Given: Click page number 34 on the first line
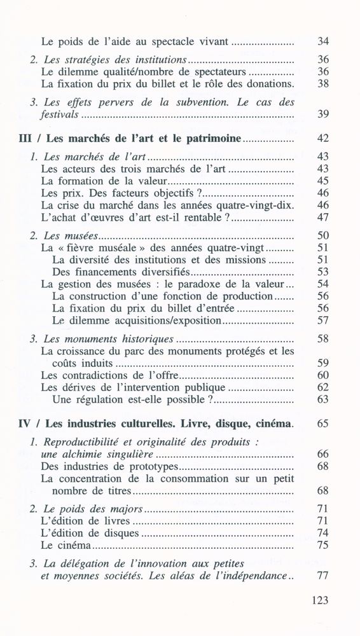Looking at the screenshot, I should pos(322,42).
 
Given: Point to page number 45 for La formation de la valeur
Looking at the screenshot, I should pos(322,181).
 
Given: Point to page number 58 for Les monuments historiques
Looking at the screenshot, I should pos(322,339).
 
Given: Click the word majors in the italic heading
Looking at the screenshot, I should pos(125,509).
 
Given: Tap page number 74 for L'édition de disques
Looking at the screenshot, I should pos(322,533).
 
